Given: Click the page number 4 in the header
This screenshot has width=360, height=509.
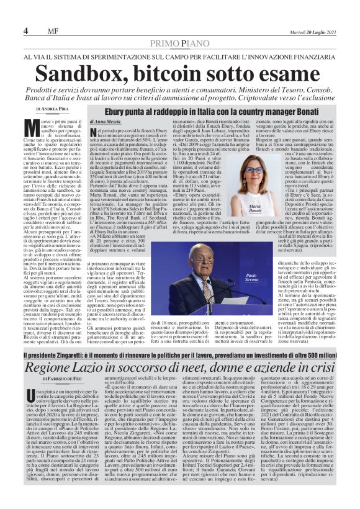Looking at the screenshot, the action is coord(26,31).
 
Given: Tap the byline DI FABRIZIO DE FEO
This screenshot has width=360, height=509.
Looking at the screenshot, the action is coord(58,379).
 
